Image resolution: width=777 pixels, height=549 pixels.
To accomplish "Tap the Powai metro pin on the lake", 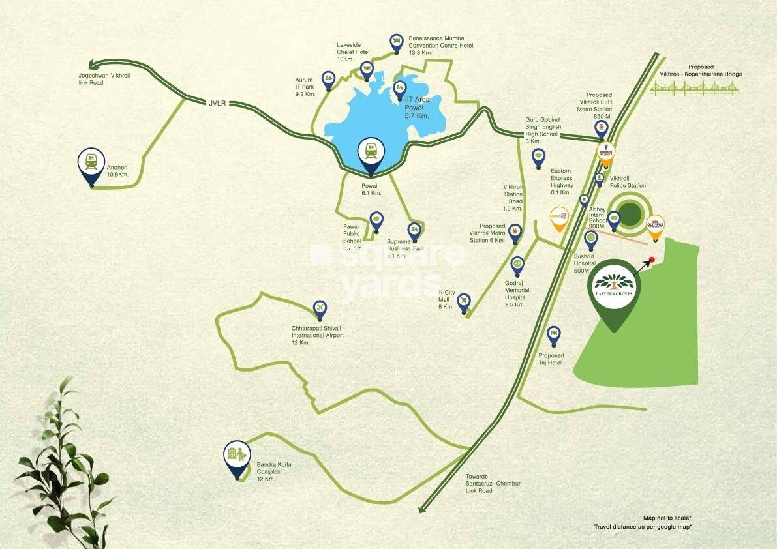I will [x=371, y=154].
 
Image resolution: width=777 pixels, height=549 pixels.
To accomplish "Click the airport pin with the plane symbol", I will [x=319, y=307].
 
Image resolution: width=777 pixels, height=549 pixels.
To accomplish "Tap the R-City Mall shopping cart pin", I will [x=464, y=301].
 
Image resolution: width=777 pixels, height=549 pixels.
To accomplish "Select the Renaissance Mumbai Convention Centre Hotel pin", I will [x=396, y=42].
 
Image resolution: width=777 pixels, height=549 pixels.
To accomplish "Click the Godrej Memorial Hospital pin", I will [x=517, y=264].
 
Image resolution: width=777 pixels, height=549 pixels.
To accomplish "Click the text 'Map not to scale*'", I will [x=667, y=516].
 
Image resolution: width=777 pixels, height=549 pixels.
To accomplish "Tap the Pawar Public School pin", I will [x=376, y=218].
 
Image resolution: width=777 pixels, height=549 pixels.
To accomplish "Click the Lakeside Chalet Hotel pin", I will [x=367, y=67].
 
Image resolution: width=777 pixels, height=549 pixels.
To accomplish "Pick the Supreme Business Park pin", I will [x=414, y=230].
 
